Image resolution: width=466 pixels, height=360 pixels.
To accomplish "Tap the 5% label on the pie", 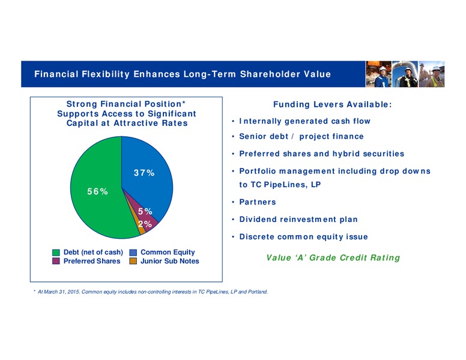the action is pos(145,211).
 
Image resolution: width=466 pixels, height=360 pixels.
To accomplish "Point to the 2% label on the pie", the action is pos(145,224).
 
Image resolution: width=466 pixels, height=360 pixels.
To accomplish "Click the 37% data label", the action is pos(144,173).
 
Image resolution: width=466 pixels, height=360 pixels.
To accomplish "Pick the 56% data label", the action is pos(97,191).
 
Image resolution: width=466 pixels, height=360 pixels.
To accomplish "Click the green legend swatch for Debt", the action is pos(56,253).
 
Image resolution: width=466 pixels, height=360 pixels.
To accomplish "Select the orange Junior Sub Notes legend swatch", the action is pos(133,261).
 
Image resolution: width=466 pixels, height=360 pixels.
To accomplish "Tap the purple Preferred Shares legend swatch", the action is pos(56,261).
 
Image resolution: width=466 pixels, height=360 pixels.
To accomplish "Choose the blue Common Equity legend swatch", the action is pos(133,253).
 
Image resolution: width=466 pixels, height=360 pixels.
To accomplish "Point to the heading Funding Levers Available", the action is pos(333,104).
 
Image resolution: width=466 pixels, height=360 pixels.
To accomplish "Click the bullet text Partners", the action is pos(258,202).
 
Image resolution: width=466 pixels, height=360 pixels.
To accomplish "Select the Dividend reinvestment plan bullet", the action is pos(298,220).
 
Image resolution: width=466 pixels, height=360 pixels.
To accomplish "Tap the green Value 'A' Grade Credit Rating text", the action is pos(333,257).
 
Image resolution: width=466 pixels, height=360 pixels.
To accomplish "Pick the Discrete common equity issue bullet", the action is pos(304,237).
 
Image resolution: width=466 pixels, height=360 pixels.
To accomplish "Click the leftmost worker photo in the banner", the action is pos(378,74).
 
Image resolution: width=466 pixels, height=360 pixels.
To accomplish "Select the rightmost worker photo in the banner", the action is pos(432,74).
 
